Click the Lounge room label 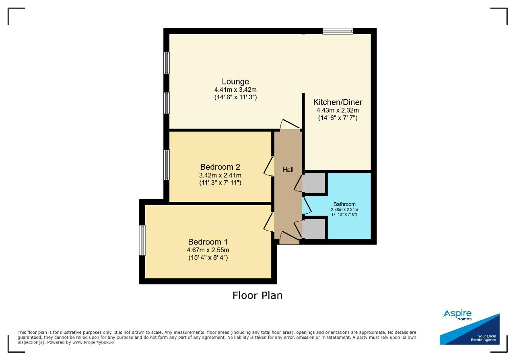point(235,82)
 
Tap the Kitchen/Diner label point(338,102)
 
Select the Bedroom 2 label point(220,167)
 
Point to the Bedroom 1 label point(208,242)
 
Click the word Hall point(288,170)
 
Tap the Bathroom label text point(344,204)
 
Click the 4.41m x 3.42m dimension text point(235,90)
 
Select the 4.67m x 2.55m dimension point(208,250)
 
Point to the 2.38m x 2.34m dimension point(344,210)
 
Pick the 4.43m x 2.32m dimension point(338,110)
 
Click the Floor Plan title point(257,295)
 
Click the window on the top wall point(338,31)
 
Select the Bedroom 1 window point(142,240)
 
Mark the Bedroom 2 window point(167,165)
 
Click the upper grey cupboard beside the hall point(313,183)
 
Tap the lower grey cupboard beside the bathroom point(313,229)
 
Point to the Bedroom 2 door point(268,167)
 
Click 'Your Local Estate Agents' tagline point(483,338)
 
